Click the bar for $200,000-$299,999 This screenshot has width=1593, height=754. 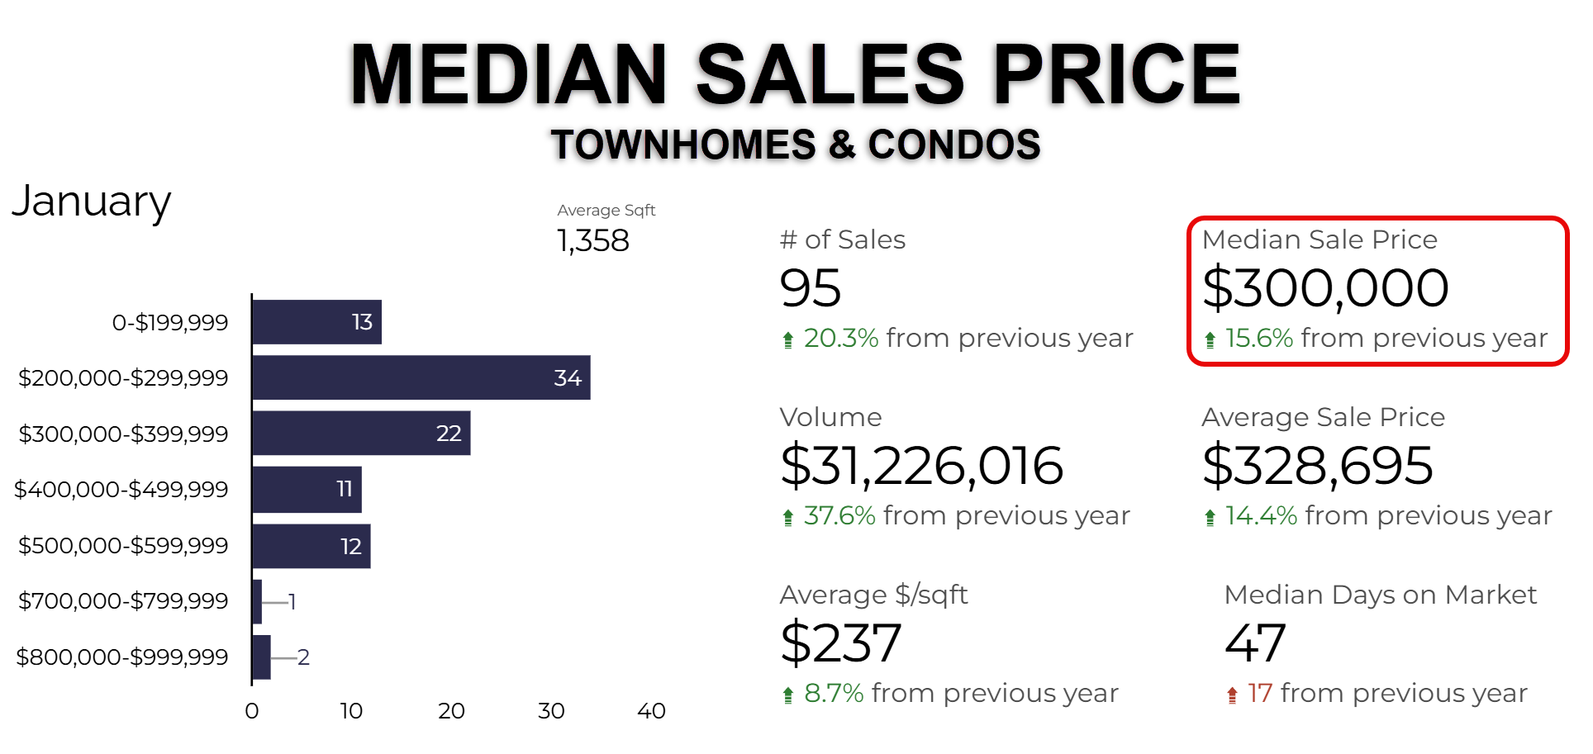(x=421, y=377)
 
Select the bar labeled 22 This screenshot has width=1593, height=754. (x=361, y=433)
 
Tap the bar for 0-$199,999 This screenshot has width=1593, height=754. (x=316, y=322)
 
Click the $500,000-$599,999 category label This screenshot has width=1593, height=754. (x=123, y=545)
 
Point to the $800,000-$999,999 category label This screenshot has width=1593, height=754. (x=122, y=657)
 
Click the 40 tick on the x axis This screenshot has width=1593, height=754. (x=651, y=711)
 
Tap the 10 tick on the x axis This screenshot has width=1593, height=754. (x=351, y=711)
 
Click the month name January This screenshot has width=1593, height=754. (x=92, y=202)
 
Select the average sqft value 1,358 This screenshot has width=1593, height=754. (x=593, y=241)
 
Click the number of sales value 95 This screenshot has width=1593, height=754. (x=811, y=288)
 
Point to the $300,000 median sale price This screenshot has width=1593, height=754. (x=1325, y=288)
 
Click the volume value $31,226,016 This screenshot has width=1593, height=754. (x=921, y=465)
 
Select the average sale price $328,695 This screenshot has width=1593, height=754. (x=1317, y=465)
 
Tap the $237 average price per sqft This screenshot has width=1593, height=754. (x=840, y=643)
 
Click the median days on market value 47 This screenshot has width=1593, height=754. (x=1255, y=643)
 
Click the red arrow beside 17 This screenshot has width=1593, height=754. (x=1232, y=695)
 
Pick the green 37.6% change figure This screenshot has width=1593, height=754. (x=839, y=515)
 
